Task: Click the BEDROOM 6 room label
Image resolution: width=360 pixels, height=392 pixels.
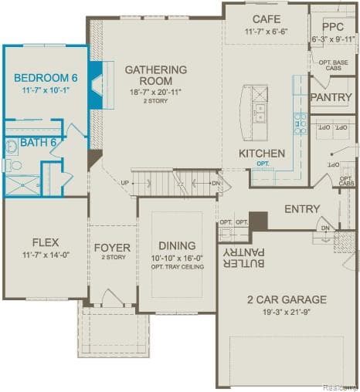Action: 46,77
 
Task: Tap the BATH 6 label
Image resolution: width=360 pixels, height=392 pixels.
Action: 38,141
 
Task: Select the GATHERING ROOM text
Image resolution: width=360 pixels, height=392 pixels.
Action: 155,75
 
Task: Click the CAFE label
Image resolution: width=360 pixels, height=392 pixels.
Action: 266,19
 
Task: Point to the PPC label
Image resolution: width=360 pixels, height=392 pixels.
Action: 334,25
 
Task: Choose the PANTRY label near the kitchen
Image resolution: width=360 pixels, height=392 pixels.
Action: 331,97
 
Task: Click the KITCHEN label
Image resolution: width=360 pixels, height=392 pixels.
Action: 262,153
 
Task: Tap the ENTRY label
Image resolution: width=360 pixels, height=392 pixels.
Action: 301,209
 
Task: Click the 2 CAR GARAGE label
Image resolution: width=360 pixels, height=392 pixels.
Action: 286,299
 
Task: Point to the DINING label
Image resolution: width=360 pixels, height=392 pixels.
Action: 176,245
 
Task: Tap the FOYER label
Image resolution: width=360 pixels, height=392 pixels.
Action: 113,247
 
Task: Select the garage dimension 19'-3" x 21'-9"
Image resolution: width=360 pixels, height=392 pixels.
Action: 286,313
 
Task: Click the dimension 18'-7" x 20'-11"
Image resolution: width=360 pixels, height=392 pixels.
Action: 155,92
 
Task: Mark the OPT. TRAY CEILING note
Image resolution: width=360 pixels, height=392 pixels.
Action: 176,267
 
